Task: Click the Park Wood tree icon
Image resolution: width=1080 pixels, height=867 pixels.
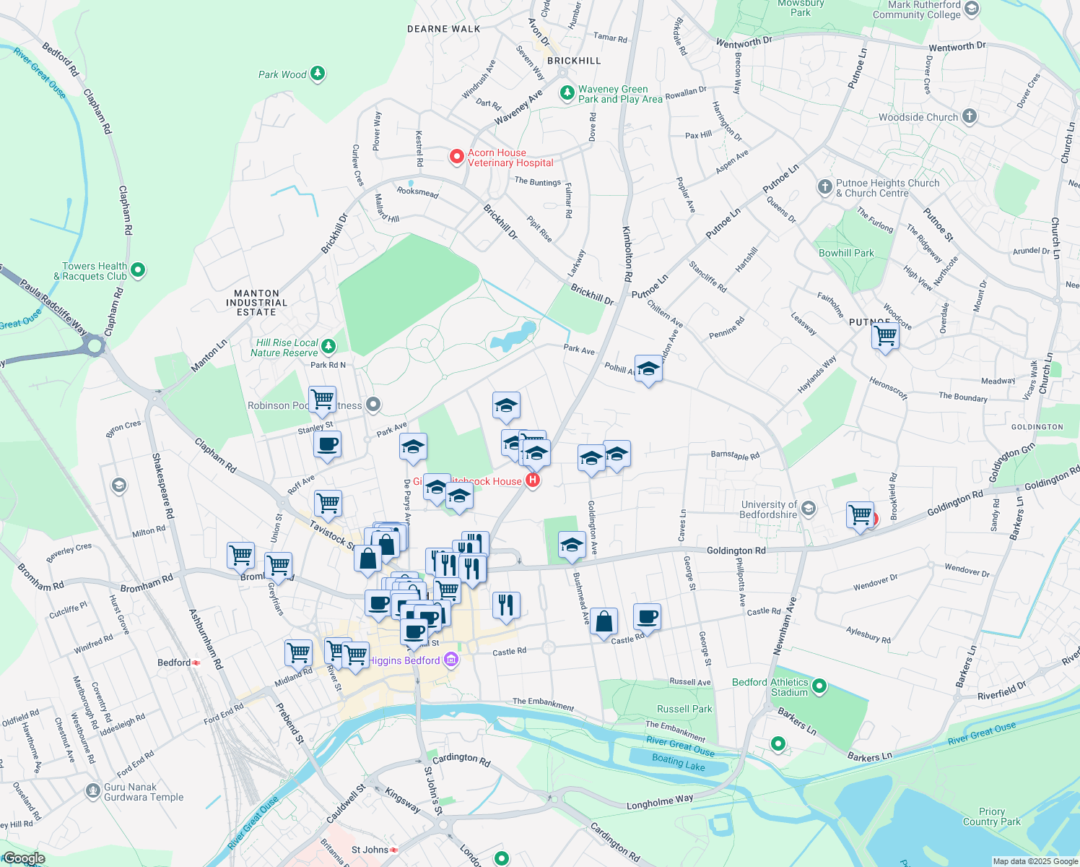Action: [318, 74]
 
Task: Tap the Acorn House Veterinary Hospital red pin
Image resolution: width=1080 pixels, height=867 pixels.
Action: [456, 157]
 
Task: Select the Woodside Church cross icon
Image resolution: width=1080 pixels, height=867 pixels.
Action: [970, 116]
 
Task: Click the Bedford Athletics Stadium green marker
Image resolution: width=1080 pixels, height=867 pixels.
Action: [819, 686]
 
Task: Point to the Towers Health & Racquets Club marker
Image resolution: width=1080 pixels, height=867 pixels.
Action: [138, 270]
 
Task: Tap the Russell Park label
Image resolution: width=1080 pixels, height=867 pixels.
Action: [684, 709]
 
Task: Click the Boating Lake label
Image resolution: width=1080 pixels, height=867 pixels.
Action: [678, 762]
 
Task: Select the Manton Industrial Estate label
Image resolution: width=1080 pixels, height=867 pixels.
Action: [256, 303]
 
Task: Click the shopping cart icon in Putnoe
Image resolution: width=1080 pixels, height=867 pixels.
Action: [885, 335]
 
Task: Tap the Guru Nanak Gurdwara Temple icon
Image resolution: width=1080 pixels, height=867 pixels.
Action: [92, 791]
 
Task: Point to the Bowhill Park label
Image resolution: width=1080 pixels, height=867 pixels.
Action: [846, 253]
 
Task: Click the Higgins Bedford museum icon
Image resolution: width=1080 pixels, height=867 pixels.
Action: [451, 660]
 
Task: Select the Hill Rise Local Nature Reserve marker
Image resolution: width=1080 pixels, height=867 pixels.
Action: [328, 347]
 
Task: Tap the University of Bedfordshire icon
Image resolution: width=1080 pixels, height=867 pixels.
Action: [809, 509]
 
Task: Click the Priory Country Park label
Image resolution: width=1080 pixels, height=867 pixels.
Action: [991, 816]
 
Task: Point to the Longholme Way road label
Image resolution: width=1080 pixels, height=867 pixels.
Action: [660, 801]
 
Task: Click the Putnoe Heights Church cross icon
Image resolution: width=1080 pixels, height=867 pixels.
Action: [825, 188]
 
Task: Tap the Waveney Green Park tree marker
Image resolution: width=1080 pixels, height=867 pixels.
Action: [567, 94]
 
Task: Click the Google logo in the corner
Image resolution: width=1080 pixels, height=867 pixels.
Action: [24, 858]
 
